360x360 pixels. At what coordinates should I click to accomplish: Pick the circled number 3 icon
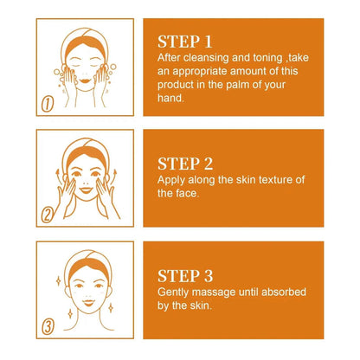click(x=49, y=329)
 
